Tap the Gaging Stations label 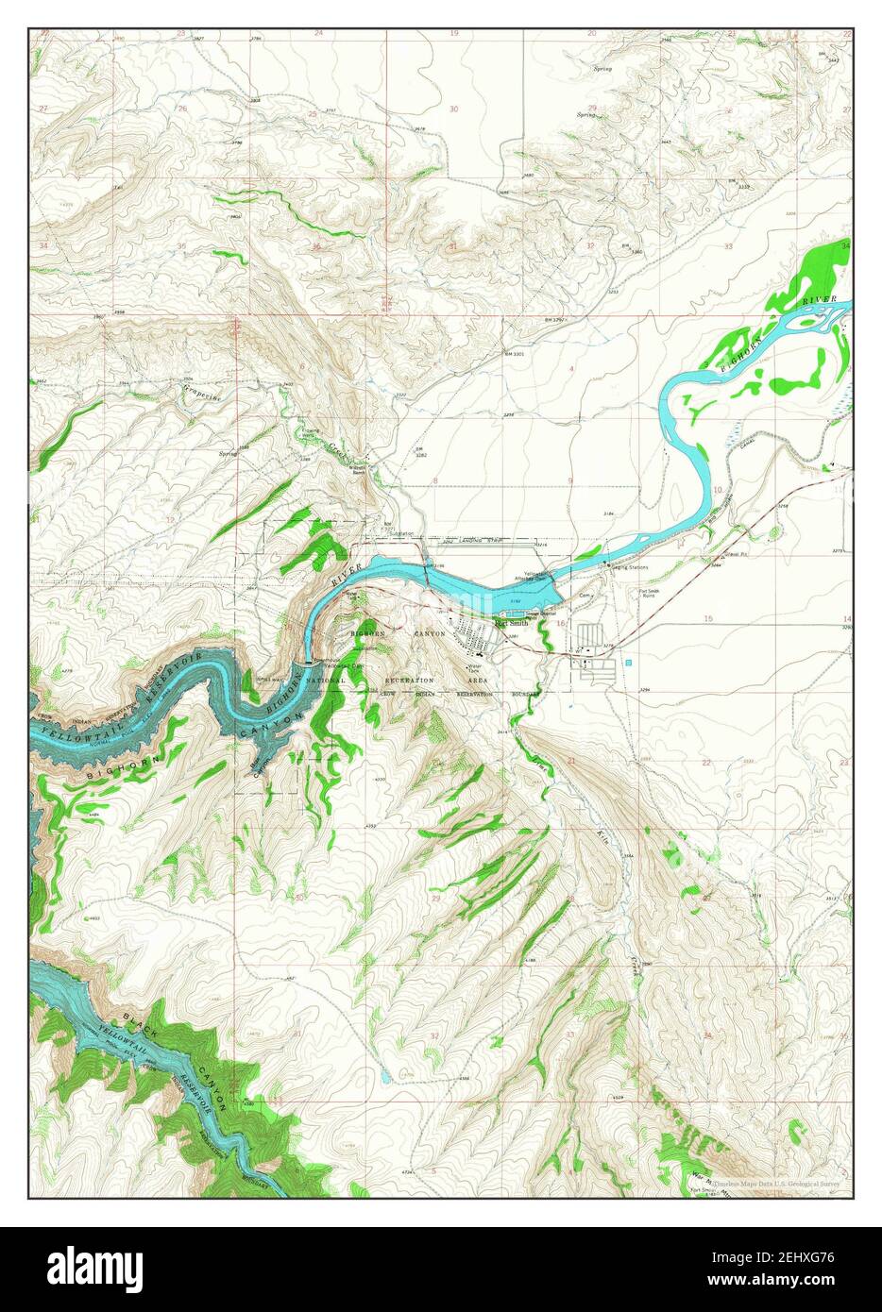(631, 567)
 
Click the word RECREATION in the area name (410, 680)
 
